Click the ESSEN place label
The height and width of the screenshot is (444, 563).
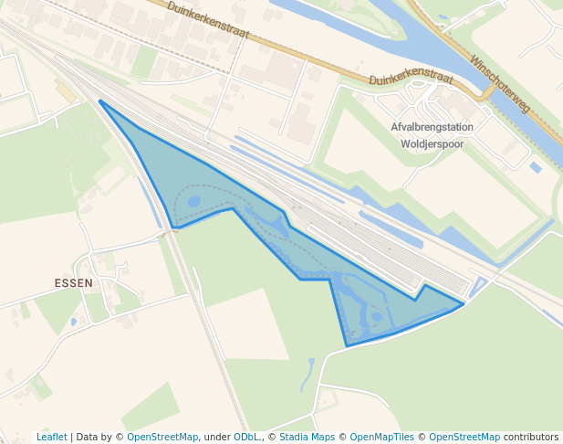[x=74, y=283]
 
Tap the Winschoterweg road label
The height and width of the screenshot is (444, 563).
[x=499, y=83]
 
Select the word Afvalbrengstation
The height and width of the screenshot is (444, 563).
[x=432, y=128]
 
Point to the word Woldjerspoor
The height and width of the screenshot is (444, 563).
[x=433, y=143]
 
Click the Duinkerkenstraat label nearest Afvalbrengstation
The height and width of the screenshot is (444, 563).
[x=412, y=80]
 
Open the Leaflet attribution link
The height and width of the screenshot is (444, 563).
[x=51, y=437]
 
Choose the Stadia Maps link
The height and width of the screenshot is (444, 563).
[x=307, y=437]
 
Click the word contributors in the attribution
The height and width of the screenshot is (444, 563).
[x=531, y=437]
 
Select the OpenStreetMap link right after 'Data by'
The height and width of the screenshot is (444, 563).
[x=162, y=437]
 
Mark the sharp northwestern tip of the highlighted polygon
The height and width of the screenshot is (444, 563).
[x=99, y=101]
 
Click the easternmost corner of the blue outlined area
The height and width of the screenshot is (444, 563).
[x=464, y=303]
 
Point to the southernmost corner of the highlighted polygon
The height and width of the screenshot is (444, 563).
[x=347, y=346]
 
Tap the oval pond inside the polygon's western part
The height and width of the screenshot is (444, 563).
[x=193, y=201]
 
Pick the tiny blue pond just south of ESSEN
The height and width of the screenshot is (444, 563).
[x=74, y=321]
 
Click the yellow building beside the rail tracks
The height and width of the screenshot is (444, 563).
[x=65, y=90]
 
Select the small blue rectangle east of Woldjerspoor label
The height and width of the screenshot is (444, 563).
[x=536, y=167]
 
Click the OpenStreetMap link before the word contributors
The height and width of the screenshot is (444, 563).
[x=464, y=437]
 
